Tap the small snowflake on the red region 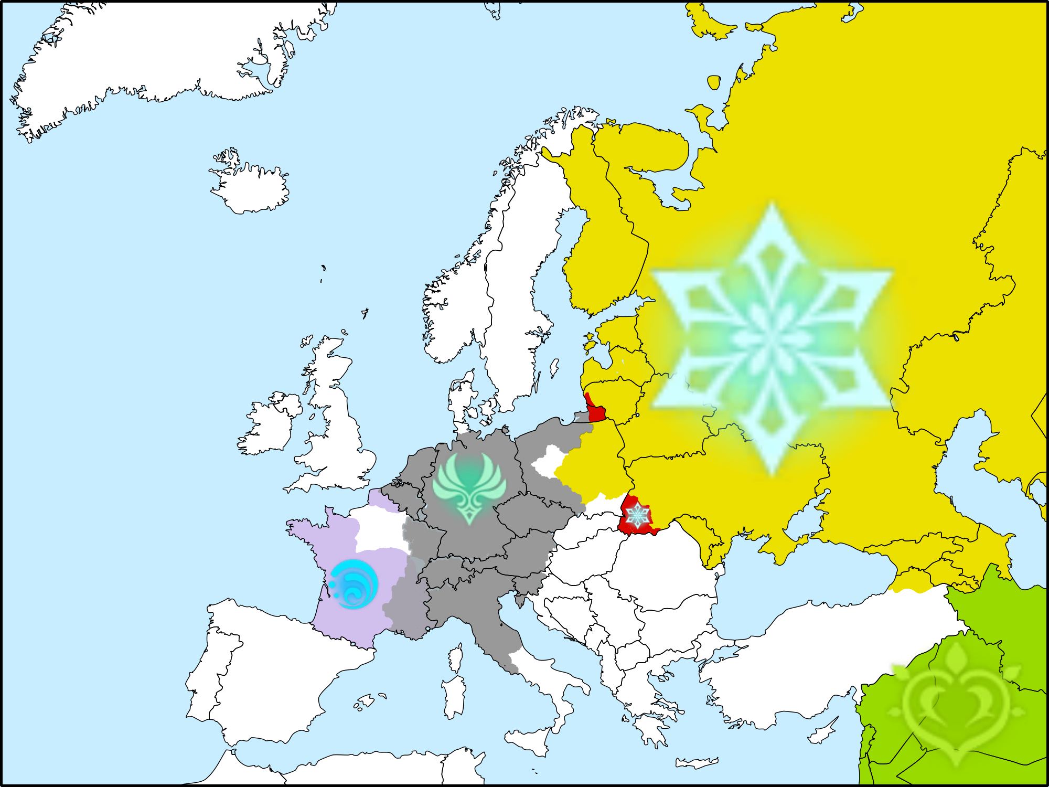pyautogui.click(x=638, y=515)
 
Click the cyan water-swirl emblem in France pyautogui.click(x=354, y=584)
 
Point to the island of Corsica pyautogui.click(x=456, y=658)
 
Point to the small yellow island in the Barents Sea pyautogui.click(x=714, y=82)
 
